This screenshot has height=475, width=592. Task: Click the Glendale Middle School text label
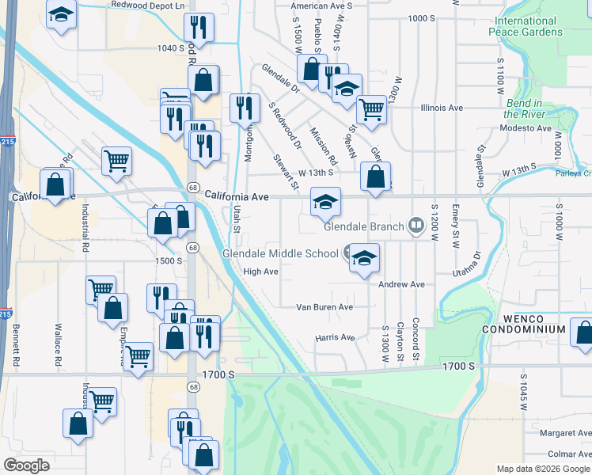[x=280, y=254]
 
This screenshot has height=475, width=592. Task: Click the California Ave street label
[x=237, y=196]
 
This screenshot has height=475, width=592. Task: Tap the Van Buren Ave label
[x=324, y=306]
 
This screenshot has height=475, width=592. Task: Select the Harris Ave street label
[x=335, y=337]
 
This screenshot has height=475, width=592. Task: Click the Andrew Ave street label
[x=401, y=284]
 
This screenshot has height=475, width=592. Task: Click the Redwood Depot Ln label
[x=147, y=5]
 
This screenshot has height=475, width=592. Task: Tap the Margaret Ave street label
[x=565, y=434]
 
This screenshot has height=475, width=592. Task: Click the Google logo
[x=27, y=465]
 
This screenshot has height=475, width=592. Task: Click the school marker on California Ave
[x=325, y=203]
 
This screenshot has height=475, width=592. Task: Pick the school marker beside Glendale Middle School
[x=364, y=258]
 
